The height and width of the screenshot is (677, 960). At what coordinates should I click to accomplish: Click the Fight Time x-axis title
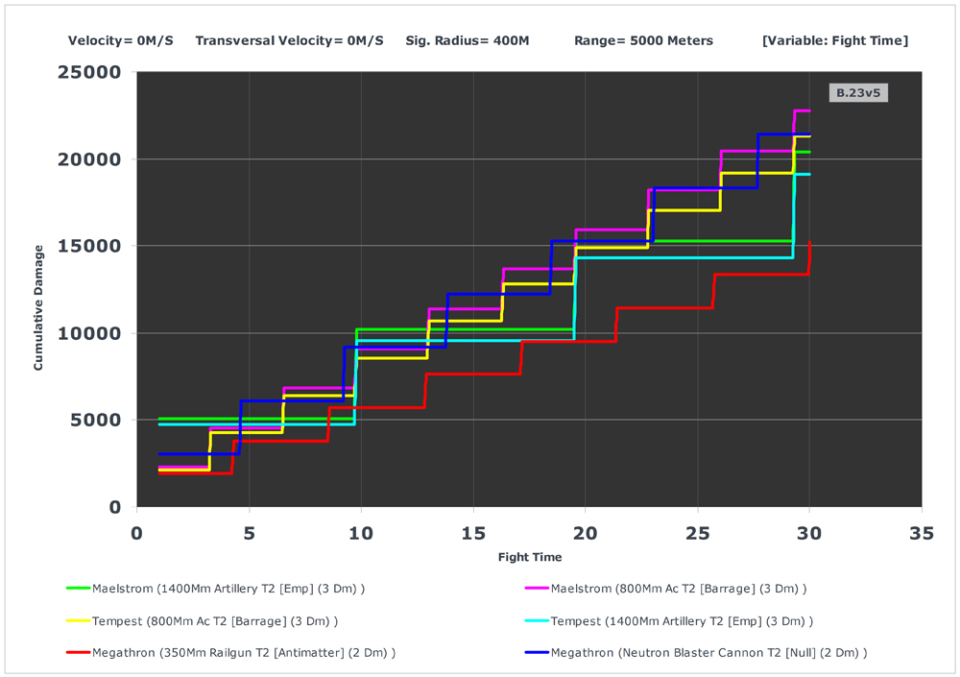click(529, 557)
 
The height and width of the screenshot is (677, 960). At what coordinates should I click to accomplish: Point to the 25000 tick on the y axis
click(88, 72)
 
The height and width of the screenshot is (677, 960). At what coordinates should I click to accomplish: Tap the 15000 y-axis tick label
click(88, 246)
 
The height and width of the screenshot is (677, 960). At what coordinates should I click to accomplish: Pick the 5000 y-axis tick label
click(94, 420)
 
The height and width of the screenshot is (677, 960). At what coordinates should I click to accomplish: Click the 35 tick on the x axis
click(922, 533)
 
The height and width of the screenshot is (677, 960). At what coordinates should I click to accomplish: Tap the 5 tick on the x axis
click(249, 533)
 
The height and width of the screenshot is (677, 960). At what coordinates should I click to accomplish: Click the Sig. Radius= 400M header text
click(468, 40)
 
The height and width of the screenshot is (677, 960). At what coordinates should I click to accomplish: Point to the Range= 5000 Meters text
click(643, 40)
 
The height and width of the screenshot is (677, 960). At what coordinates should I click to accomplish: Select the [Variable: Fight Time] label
click(834, 40)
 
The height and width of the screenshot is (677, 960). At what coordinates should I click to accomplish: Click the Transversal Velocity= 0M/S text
click(289, 40)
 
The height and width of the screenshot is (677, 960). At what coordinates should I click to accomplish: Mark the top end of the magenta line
click(809, 111)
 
